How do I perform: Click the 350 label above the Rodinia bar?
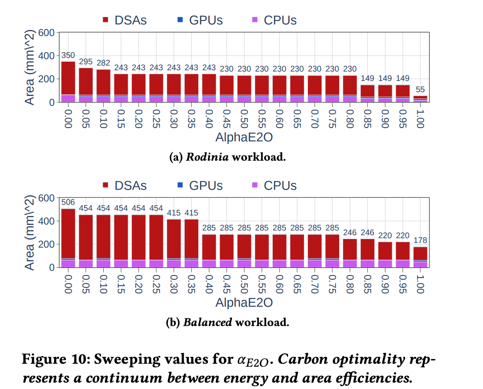pos(68,55)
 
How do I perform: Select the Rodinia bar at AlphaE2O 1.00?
pos(420,99)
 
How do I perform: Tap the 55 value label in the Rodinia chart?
pos(420,90)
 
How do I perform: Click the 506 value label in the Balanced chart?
pos(68,202)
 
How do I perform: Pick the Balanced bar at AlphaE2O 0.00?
pos(68,238)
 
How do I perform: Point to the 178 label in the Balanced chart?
pos(420,240)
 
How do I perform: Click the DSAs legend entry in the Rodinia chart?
pos(124,20)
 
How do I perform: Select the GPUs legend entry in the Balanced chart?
pos(200,186)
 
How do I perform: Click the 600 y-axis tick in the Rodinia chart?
pos(46,33)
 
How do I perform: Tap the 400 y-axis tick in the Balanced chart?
pos(46,221)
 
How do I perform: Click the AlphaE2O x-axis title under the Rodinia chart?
pos(244,138)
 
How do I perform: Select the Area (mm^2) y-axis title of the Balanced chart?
pos(29,233)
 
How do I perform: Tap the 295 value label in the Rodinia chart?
pos(86,62)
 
